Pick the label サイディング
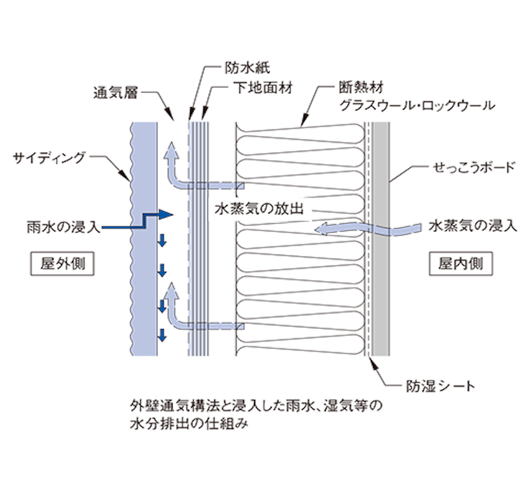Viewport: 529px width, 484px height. tap(50, 157)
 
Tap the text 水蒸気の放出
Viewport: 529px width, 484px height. tap(258, 209)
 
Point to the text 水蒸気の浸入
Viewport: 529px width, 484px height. tap(472, 227)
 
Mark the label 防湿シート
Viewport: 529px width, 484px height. tap(440, 385)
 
